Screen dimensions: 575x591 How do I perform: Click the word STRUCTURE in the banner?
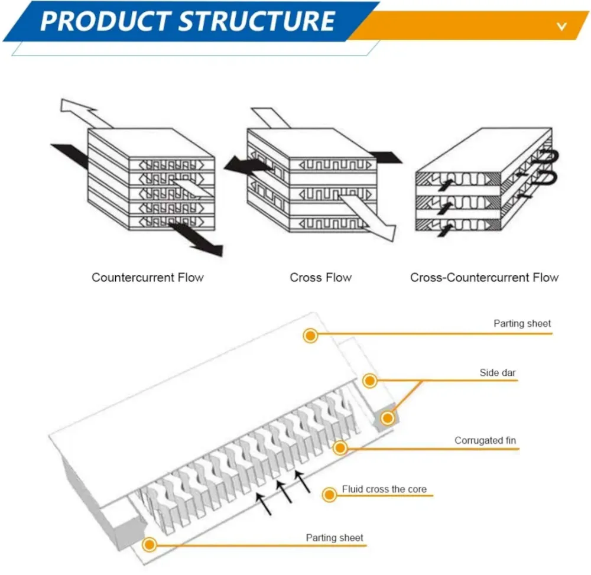tap(256, 21)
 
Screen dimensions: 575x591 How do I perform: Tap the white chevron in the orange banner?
tap(561, 26)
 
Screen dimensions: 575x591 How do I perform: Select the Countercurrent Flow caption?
tap(147, 277)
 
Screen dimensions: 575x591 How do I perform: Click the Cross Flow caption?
tap(320, 277)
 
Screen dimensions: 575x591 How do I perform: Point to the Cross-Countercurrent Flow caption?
tap(484, 277)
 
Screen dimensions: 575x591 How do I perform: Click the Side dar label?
tap(498, 373)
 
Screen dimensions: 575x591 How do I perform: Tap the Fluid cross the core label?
tap(384, 489)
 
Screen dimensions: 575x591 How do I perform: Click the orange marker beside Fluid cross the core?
tap(329, 494)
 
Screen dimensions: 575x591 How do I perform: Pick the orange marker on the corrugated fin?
tap(340, 448)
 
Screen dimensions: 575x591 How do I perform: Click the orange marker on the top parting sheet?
tap(310, 336)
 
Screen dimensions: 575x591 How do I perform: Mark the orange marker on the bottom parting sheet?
tap(150, 544)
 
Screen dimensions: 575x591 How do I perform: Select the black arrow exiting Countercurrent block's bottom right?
tap(198, 239)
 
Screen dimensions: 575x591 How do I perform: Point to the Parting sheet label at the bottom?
tap(335, 538)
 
